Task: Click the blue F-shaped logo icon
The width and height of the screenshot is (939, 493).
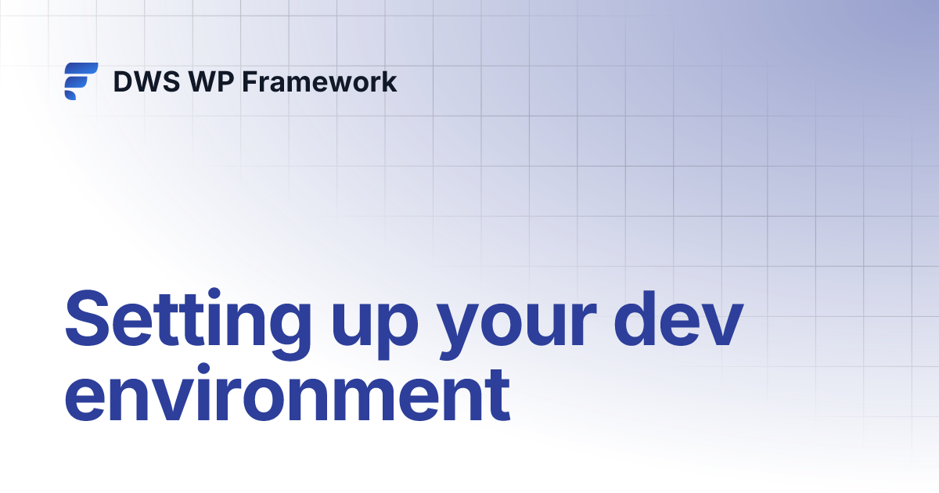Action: (x=81, y=81)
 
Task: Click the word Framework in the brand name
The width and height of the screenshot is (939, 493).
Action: (x=319, y=82)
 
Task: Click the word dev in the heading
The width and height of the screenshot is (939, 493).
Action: (x=677, y=321)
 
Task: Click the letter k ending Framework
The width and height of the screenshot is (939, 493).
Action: (x=389, y=82)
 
